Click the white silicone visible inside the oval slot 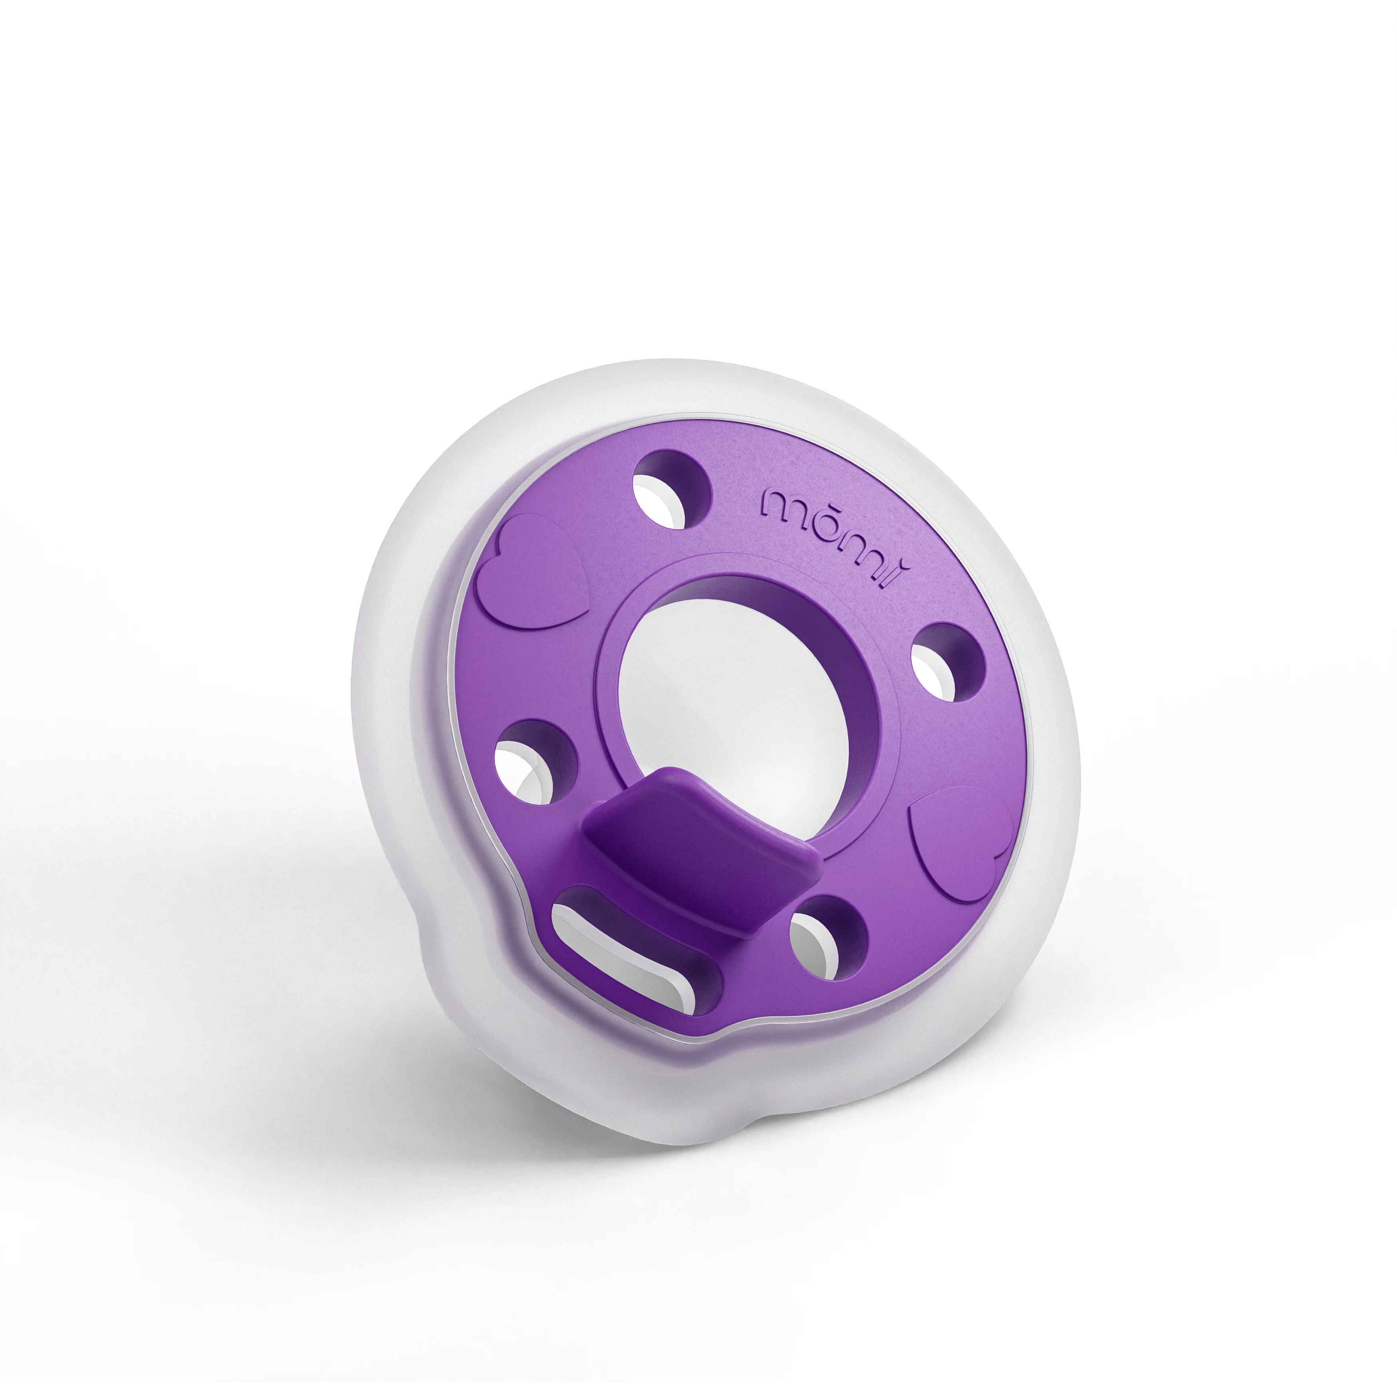pyautogui.click(x=615, y=962)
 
